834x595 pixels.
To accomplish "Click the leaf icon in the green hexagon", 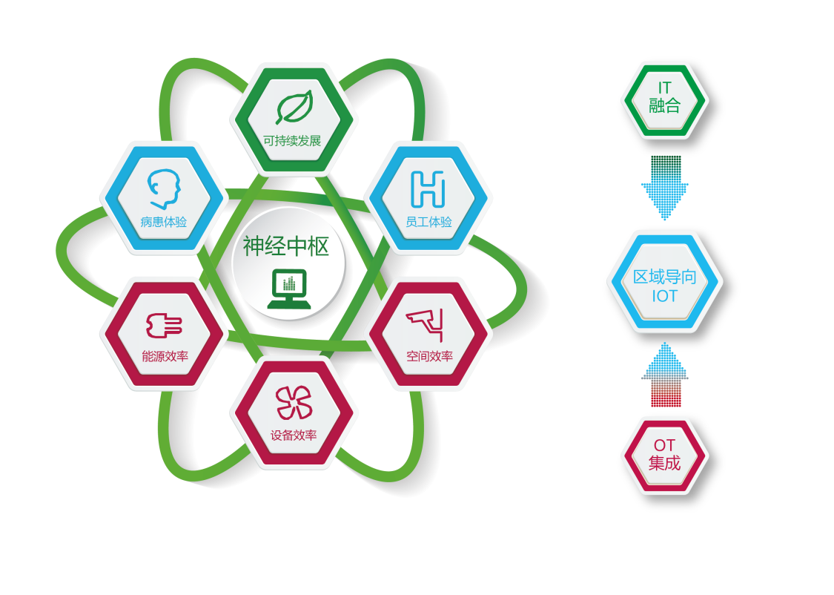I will (x=294, y=108).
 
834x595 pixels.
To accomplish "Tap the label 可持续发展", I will (x=293, y=140).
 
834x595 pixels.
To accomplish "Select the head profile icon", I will (x=164, y=189).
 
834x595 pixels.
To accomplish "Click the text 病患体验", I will (x=164, y=221).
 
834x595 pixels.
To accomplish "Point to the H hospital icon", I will (x=428, y=189).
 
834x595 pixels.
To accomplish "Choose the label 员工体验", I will (x=428, y=221).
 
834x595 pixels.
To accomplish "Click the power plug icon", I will (x=164, y=325).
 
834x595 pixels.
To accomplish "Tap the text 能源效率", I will (x=165, y=356).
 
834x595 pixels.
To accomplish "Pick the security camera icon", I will (x=426, y=323).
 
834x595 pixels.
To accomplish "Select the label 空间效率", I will (x=429, y=356).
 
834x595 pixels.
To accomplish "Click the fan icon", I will (x=294, y=403).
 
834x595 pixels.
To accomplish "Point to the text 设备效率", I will (x=294, y=435).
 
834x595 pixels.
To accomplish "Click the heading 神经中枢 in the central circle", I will (x=286, y=246).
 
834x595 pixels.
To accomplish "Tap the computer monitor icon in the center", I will (x=289, y=288).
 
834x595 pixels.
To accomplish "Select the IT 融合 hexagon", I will (x=664, y=99).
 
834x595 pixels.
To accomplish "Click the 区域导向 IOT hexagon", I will (x=664, y=281).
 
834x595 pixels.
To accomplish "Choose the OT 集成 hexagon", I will (x=664, y=455).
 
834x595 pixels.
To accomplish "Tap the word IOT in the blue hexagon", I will (x=664, y=297).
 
